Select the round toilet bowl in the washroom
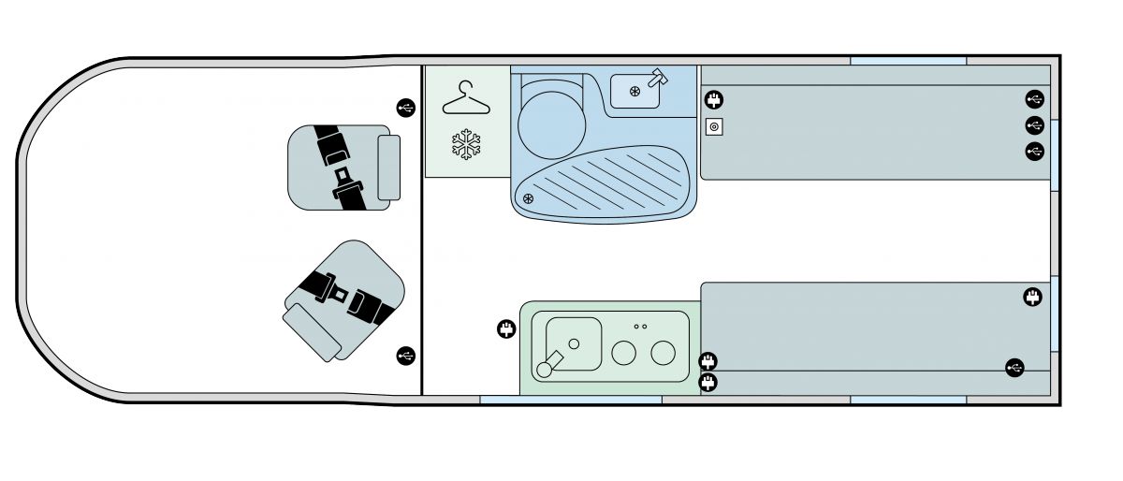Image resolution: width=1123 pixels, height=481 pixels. click(550, 124)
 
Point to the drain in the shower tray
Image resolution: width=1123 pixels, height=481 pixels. click(528, 198)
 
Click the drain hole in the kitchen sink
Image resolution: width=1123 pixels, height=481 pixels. click(574, 343)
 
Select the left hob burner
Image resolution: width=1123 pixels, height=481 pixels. click(624, 353)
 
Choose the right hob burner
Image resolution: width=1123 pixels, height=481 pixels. click(664, 353)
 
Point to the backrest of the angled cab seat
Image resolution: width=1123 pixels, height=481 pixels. click(313, 330)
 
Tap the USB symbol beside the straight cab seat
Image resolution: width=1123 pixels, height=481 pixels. click(405, 108)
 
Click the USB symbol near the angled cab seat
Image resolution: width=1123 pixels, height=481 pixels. click(405, 355)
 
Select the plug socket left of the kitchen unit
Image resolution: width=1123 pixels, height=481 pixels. click(506, 328)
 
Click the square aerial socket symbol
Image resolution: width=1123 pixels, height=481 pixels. click(713, 126)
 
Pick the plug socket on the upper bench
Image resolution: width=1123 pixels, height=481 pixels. click(714, 99)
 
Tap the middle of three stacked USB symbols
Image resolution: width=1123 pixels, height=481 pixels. click(1034, 124)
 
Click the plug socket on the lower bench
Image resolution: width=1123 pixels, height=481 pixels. click(1032, 298)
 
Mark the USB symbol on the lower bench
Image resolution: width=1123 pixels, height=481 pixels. click(1014, 368)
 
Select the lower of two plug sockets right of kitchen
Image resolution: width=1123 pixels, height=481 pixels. click(708, 381)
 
